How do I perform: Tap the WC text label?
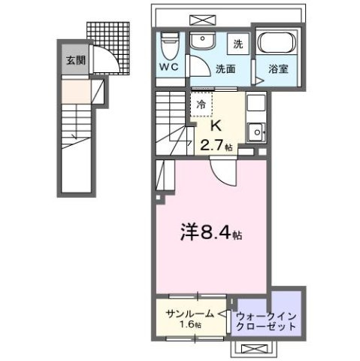coord(168,65)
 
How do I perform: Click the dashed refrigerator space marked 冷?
coord(201,105)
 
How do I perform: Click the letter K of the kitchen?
coord(214,125)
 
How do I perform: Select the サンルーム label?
coord(186,313)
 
